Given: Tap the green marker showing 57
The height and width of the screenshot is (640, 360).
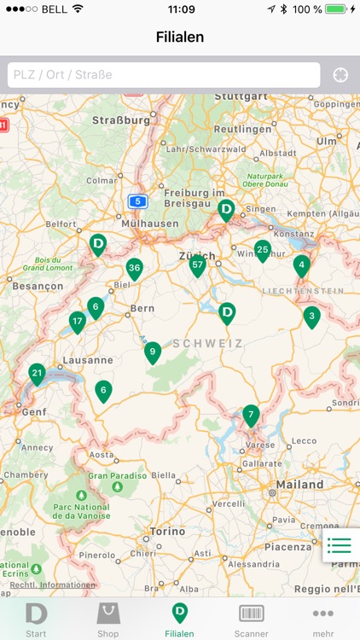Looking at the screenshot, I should pyautogui.click(x=198, y=265).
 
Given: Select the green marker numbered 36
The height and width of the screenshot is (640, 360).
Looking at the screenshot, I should pyautogui.click(x=134, y=268).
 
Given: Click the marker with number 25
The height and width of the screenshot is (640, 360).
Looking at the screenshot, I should pyautogui.click(x=263, y=249).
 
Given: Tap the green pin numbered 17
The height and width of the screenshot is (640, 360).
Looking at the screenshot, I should pyautogui.click(x=78, y=322).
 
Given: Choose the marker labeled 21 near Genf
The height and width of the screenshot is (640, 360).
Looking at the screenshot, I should pyautogui.click(x=37, y=373).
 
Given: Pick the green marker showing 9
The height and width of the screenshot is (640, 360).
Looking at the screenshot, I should pyautogui.click(x=153, y=351).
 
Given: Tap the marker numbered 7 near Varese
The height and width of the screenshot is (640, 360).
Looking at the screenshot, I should pyautogui.click(x=250, y=416).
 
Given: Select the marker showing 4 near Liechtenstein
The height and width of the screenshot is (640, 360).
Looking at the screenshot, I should pyautogui.click(x=301, y=265).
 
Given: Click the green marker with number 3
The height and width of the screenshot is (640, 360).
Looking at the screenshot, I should pyautogui.click(x=311, y=317).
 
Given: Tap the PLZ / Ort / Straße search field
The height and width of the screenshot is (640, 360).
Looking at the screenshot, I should pyautogui.click(x=164, y=74).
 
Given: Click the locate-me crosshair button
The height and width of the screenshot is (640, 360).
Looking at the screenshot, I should pyautogui.click(x=340, y=74).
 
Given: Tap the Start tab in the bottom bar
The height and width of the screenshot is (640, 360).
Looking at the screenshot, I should pyautogui.click(x=36, y=619).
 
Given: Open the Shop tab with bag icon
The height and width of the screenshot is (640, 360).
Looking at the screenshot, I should pyautogui.click(x=108, y=619).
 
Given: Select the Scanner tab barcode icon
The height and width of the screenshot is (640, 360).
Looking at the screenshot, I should pyautogui.click(x=252, y=619).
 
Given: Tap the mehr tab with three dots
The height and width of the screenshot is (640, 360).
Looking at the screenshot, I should pyautogui.click(x=323, y=619).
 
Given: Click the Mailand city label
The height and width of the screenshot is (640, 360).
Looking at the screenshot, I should pyautogui.click(x=299, y=485).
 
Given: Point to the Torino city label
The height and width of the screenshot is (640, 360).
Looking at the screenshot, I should pyautogui.click(x=166, y=531).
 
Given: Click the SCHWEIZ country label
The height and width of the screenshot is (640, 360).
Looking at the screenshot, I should pyautogui.click(x=207, y=343).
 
